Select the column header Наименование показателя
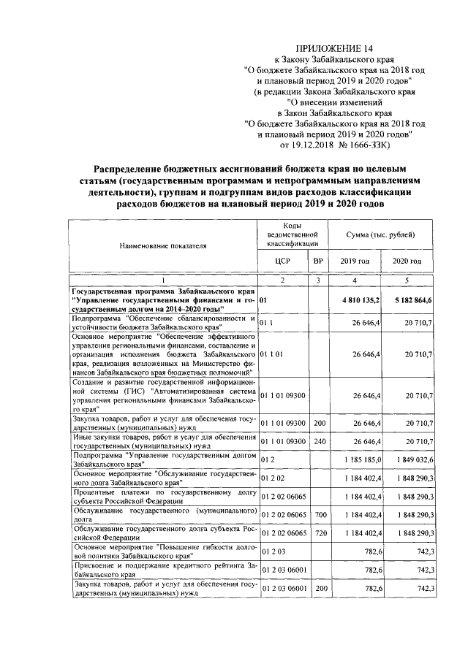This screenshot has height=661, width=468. point(164,246)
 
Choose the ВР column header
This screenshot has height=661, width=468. point(317,261)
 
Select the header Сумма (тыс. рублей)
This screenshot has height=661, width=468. point(381,235)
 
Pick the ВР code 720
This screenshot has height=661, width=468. point(317,535)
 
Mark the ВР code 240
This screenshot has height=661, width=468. point(317,440)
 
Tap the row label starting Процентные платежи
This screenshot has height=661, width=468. point(164,497)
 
